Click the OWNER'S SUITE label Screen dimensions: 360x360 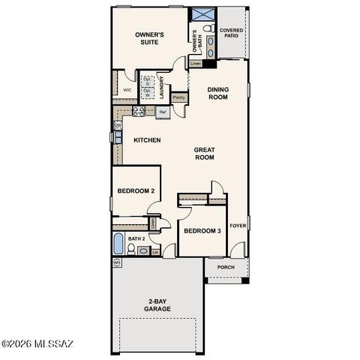[x=149, y=39]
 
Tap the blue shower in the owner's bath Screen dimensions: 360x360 [x=201, y=15]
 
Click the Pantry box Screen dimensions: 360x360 [x=179, y=97]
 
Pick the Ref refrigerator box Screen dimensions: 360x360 [x=162, y=112]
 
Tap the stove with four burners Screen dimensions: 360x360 [x=139, y=111]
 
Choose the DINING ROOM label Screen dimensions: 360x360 [x=217, y=93]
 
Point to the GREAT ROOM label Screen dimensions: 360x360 [x=205, y=154]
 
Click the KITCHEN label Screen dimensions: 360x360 [x=147, y=140]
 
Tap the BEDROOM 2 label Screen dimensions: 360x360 [x=136, y=190]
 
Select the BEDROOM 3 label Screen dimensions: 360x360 [x=202, y=231]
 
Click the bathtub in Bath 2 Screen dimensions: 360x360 [x=117, y=244]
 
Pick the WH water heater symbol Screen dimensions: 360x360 [x=116, y=263]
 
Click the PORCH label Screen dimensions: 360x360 [x=225, y=268]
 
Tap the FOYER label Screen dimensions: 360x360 [x=238, y=225]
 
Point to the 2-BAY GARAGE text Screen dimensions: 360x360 [x=157, y=306]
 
